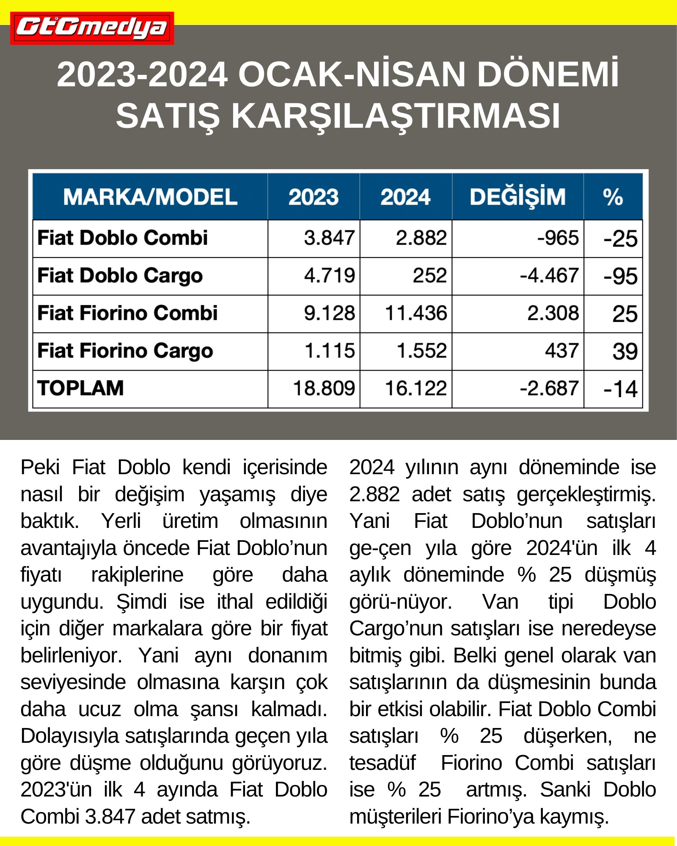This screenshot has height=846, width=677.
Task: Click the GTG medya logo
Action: pyautogui.click(x=92, y=28)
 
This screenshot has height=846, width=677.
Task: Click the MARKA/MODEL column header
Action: pyautogui.click(x=150, y=197)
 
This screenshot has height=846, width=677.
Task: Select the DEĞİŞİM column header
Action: pyautogui.click(x=517, y=197)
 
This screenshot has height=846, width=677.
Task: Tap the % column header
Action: pyautogui.click(x=613, y=197)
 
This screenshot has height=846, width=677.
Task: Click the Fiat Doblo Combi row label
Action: pyautogui.click(x=123, y=238)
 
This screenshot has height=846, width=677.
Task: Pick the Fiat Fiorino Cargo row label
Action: pyautogui.click(x=125, y=351)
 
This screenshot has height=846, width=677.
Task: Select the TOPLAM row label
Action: pyautogui.click(x=80, y=388)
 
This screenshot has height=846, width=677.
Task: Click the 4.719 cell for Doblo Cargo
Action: pyautogui.click(x=329, y=276)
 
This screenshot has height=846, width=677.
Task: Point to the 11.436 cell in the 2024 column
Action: pyautogui.click(x=416, y=313)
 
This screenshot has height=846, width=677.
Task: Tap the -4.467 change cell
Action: pyautogui.click(x=549, y=276)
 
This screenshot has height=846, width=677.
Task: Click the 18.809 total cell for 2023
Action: pyautogui.click(x=324, y=388)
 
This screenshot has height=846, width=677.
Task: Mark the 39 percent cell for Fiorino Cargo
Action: pyautogui.click(x=625, y=352)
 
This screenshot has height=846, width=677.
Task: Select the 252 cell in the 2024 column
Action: pyautogui.click(x=429, y=276)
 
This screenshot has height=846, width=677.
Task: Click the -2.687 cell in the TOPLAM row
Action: pyautogui.click(x=549, y=388)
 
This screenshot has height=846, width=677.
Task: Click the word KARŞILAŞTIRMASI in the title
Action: pyautogui.click(x=396, y=116)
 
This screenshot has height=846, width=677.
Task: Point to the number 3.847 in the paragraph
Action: pyautogui.click(x=110, y=817)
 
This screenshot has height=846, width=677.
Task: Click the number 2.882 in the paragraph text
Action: pyautogui.click(x=374, y=494)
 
